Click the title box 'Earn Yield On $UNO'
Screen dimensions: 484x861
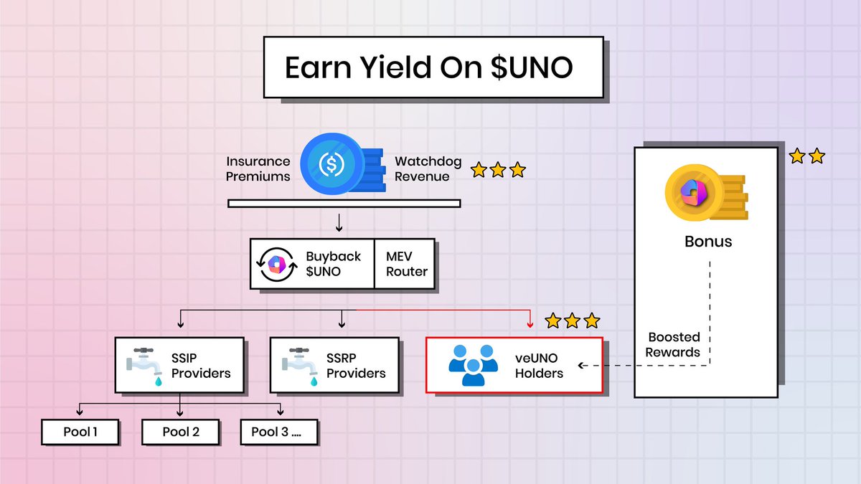pyautogui.click(x=433, y=67)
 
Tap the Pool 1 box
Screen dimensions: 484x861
pyautogui.click(x=79, y=432)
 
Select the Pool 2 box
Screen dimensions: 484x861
pyautogui.click(x=180, y=432)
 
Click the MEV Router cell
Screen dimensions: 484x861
pyautogui.click(x=405, y=263)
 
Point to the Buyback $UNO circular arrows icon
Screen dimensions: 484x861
pyautogui.click(x=273, y=264)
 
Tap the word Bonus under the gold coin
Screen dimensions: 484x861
pyautogui.click(x=707, y=241)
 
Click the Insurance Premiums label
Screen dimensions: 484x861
pyautogui.click(x=258, y=169)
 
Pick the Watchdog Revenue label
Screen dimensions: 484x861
pyautogui.click(x=428, y=169)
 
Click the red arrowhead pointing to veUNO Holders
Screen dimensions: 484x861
pyautogui.click(x=530, y=324)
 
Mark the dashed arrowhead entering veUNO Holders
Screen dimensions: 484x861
pyautogui.click(x=582, y=366)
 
